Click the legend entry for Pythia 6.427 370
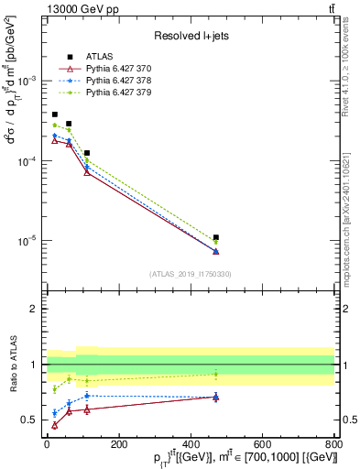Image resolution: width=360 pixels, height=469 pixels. click(x=116, y=70)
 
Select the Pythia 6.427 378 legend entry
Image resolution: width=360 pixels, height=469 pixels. click(x=116, y=82)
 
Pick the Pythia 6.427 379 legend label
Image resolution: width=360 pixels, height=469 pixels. click(x=116, y=93)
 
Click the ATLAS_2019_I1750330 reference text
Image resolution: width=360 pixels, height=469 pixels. click(x=190, y=274)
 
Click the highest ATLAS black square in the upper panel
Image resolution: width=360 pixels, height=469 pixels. click(x=55, y=115)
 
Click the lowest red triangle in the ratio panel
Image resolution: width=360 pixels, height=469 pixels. click(x=55, y=425)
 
